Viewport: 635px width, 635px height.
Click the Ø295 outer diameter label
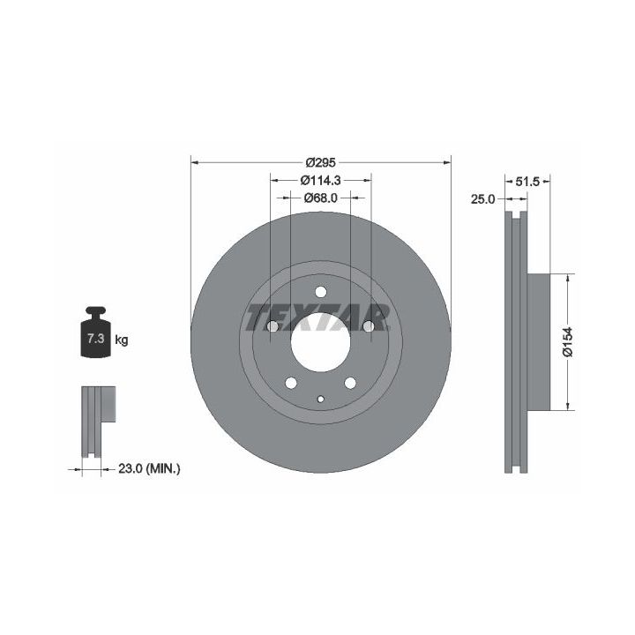tap(321, 162)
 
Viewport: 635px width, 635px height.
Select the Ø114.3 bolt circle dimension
tap(321, 180)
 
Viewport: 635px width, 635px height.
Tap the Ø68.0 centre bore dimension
tap(321, 198)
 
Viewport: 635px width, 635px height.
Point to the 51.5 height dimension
tap(527, 182)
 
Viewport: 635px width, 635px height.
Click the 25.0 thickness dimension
tap(482, 199)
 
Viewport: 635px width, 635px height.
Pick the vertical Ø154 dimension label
tap(568, 342)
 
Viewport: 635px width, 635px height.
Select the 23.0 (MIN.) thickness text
tap(149, 469)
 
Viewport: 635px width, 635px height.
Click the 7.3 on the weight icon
tap(96, 338)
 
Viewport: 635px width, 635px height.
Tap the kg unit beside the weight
tap(122, 340)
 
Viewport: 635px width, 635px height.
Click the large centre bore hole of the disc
tap(320, 342)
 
